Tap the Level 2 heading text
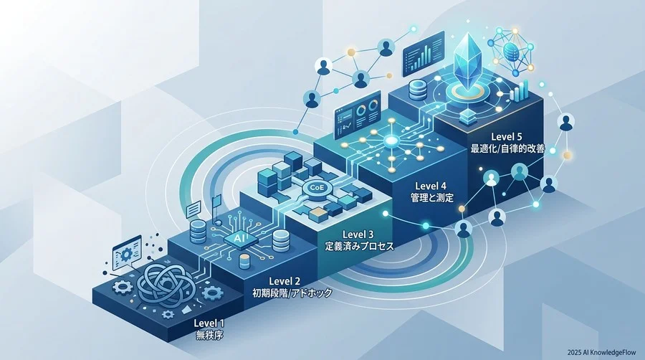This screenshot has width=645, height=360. click(x=285, y=281)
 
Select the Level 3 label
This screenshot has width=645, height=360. click(x=358, y=235)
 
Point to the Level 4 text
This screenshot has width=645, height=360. click(x=430, y=186)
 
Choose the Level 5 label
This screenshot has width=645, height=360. click(x=507, y=137)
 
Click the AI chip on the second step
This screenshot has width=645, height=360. click(x=238, y=238)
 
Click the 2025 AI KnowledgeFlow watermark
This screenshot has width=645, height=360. click(x=601, y=352)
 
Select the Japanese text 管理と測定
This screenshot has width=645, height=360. click(x=432, y=197)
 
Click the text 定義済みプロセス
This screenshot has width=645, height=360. click(x=359, y=247)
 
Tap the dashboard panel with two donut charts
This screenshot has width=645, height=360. click(x=357, y=116)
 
